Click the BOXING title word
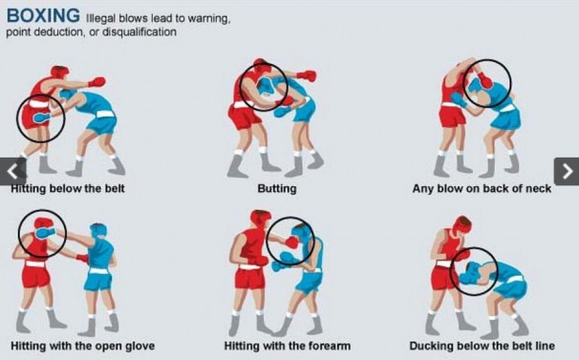pos(43,15)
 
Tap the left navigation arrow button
pos(13,171)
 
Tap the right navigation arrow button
pos(567,171)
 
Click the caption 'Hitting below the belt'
pos(68,189)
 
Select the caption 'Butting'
pos(277,189)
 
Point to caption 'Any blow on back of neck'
pos(482,189)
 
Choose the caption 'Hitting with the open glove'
pos(83,346)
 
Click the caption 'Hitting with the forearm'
pos(288,346)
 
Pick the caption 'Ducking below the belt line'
pos(482,346)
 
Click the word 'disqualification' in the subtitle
pos(139,32)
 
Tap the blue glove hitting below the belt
pos(42,117)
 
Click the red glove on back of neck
pos(484,80)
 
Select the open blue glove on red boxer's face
pos(45,233)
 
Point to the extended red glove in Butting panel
pos(307,75)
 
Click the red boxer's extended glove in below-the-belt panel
pos(96,81)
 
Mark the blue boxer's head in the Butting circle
pos(265,87)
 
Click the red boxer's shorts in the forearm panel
pos(250,278)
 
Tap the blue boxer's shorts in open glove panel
pos(98,281)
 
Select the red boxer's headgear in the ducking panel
pos(462,224)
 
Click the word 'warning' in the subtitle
pos(208,18)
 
